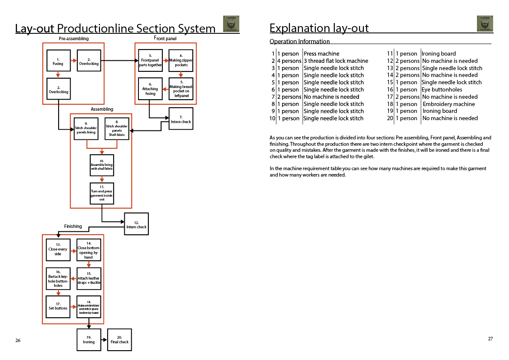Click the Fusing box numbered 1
[x=58, y=61]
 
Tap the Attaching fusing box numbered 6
[x=150, y=89]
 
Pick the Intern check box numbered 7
[x=181, y=119]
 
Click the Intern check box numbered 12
[x=136, y=224]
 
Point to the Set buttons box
[x=58, y=306]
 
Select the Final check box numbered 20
[x=119, y=340]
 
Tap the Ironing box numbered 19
[x=89, y=340]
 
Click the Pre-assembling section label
[x=74, y=38]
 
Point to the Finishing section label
[x=73, y=226]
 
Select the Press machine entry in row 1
[x=321, y=54]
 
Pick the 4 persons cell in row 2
[x=289, y=61]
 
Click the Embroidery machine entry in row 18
[x=449, y=104]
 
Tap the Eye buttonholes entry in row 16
[x=442, y=90]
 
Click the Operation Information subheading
[x=300, y=41]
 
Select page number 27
[x=490, y=339]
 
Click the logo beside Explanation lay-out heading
[x=485, y=24]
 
